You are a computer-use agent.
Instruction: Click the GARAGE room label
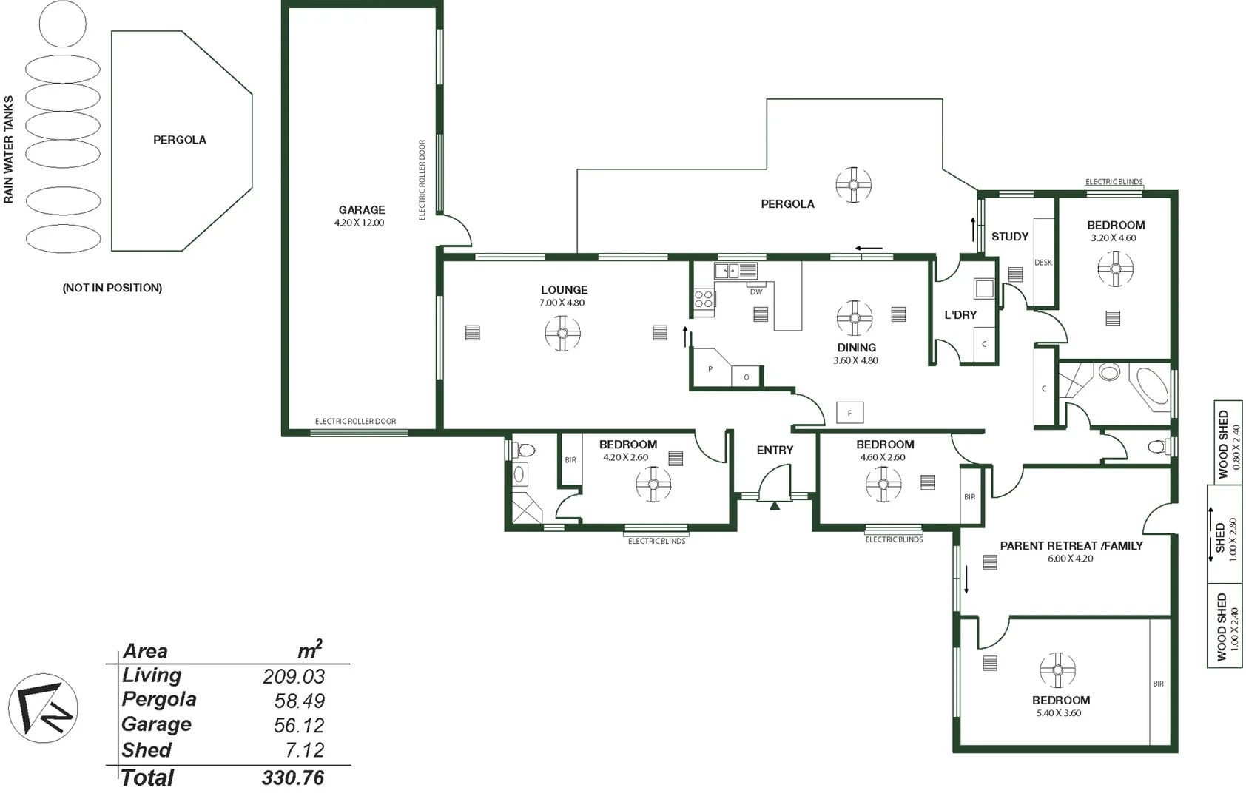362,210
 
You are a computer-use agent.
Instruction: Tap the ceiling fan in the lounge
562,333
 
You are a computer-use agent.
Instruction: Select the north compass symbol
43,708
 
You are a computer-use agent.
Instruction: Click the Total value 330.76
293,778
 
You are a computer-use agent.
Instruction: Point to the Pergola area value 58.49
299,701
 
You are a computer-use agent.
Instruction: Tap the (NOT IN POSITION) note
112,288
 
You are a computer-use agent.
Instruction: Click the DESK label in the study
1043,263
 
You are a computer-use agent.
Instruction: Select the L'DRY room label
960,315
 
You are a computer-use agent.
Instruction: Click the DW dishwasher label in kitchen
755,292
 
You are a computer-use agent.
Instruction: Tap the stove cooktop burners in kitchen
704,299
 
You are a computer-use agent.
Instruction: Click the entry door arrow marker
775,506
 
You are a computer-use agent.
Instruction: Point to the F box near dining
849,413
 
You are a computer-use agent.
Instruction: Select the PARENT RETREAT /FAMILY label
1071,546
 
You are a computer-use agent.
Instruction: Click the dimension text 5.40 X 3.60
1059,713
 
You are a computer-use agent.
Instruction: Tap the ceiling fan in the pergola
853,185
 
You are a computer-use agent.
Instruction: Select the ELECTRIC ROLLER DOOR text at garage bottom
355,422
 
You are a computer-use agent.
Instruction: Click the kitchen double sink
735,271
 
